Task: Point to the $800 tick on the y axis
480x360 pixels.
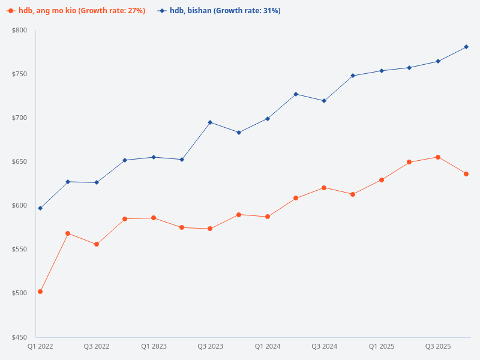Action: click(20, 30)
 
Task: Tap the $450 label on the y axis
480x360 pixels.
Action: click(20, 337)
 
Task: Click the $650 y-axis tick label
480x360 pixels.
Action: click(20, 162)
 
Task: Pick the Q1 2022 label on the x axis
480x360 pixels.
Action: click(40, 347)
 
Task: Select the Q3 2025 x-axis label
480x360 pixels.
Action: click(438, 347)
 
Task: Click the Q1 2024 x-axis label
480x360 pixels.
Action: click(268, 347)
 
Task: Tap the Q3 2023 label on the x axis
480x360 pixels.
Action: click(211, 347)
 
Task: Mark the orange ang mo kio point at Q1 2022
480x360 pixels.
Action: click(40, 292)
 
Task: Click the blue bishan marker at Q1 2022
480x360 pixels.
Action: click(40, 208)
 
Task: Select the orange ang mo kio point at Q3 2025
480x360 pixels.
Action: click(438, 157)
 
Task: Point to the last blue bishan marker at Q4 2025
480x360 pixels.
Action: click(466, 47)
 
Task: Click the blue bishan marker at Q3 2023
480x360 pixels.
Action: click(211, 122)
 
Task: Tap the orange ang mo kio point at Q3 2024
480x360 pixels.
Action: click(324, 188)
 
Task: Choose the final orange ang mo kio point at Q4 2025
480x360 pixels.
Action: click(466, 174)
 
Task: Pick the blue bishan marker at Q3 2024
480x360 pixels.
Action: click(324, 101)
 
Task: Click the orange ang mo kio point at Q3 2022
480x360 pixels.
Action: click(97, 244)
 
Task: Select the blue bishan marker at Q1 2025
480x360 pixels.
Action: click(381, 71)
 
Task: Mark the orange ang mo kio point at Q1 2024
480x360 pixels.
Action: click(268, 217)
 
